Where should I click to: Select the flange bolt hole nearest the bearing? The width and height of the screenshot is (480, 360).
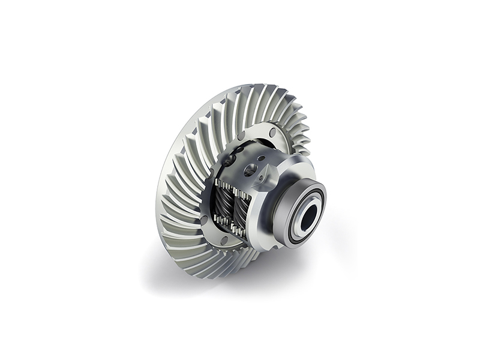tap(274, 132)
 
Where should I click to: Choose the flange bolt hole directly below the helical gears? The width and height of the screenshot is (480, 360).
tap(226, 241)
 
